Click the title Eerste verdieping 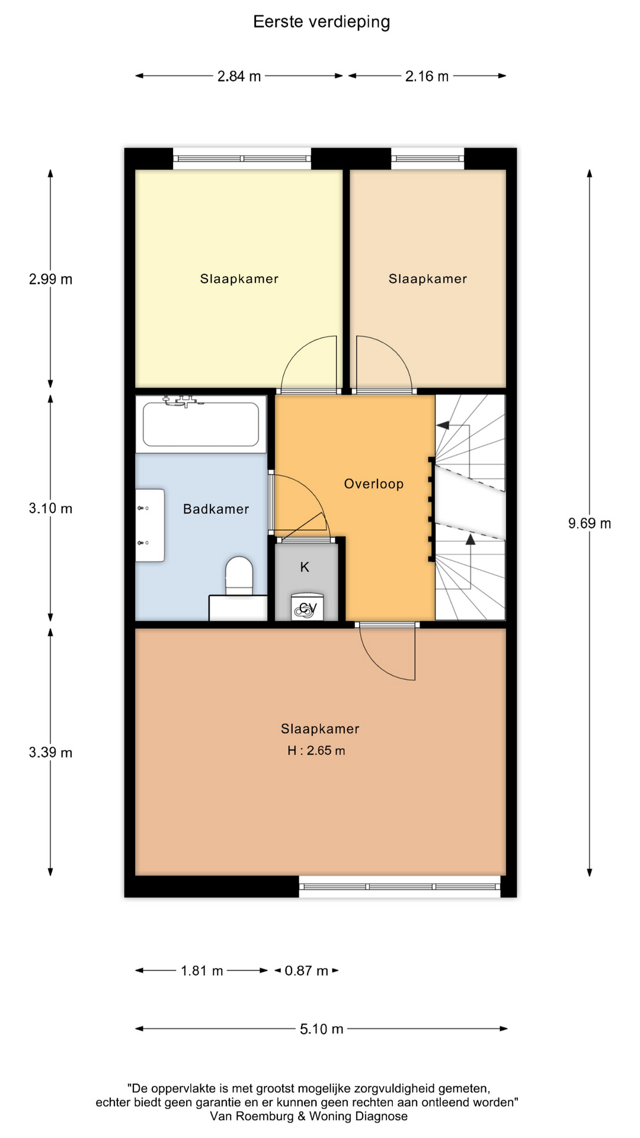point(321,22)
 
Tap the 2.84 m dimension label point(239,76)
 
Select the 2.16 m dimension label point(427,76)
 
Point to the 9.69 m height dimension point(590,523)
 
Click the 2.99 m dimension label point(50,279)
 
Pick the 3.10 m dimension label point(50,509)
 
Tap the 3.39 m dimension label point(50,753)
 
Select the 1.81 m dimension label point(202,971)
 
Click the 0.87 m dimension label point(306,971)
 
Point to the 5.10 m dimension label point(322,1029)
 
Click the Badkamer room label point(216,509)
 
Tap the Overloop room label point(374,484)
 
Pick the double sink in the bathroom point(150,525)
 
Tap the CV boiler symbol point(307,608)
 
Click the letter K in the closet point(305,567)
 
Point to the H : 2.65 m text point(316,751)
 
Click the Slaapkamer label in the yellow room point(239,279)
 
